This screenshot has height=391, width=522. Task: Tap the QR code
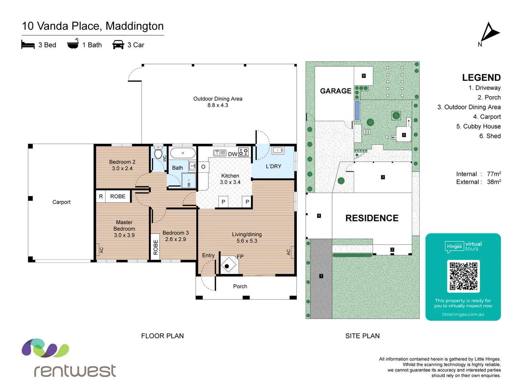463,276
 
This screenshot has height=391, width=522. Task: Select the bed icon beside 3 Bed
28,45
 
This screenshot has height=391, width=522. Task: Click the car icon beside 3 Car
118,45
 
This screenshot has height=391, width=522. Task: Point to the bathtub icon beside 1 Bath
73,44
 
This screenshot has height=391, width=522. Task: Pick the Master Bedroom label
124,229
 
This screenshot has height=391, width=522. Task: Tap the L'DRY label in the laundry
273,167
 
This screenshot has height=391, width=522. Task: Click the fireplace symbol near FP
227,266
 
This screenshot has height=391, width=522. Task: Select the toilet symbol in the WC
158,154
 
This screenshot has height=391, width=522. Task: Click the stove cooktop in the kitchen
243,152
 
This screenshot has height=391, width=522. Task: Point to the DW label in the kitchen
232,154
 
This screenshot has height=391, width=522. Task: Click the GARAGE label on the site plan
336,91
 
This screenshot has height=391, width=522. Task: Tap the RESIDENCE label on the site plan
372,218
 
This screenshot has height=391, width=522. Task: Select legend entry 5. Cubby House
478,126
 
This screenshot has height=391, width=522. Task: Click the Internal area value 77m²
494,174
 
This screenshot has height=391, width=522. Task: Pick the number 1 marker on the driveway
321,276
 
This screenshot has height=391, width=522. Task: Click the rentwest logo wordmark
75,371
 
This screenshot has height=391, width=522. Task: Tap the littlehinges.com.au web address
463,314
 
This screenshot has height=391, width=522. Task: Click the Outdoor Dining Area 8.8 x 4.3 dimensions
217,105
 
